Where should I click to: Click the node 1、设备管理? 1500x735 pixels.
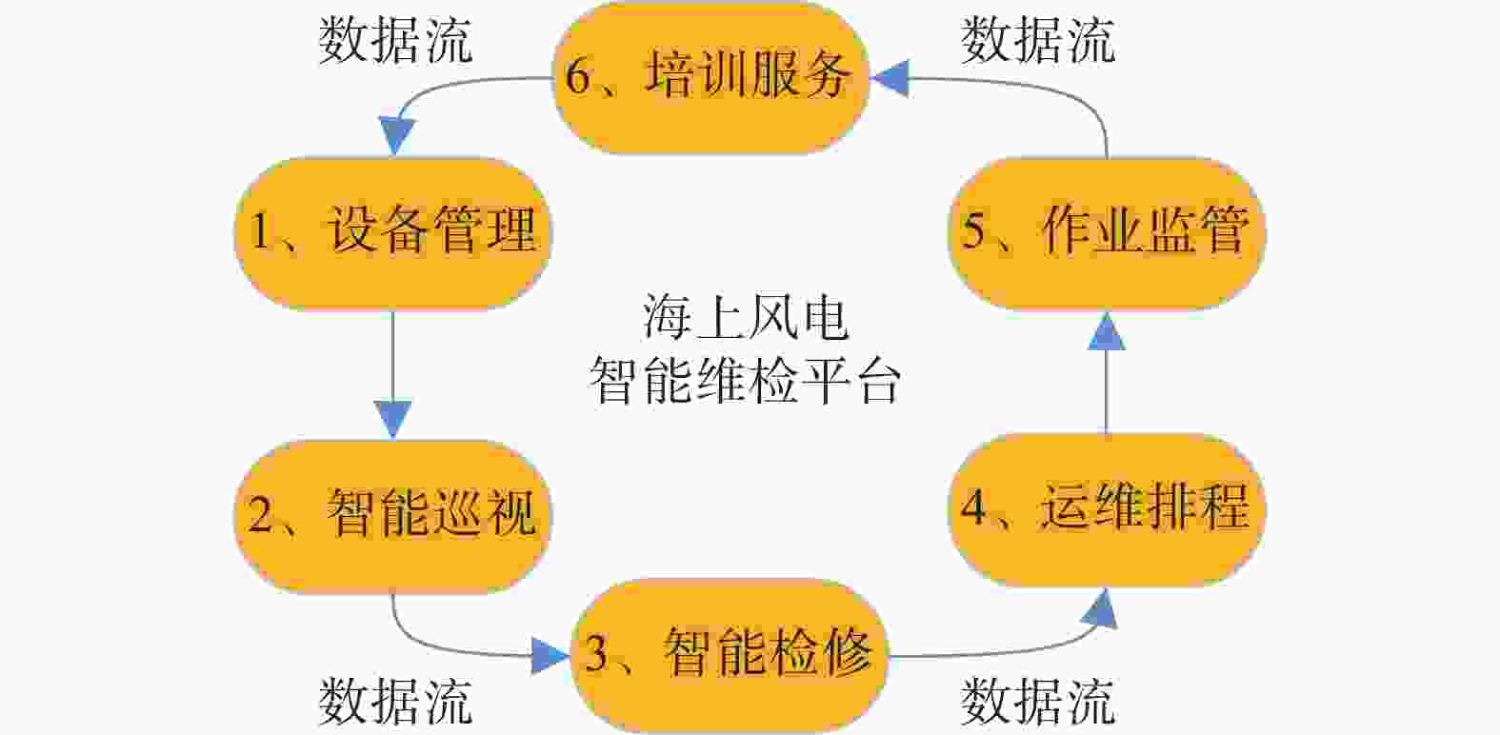(393, 233)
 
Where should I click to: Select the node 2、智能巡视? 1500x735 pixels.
(393, 516)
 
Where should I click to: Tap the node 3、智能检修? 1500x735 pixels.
(730, 655)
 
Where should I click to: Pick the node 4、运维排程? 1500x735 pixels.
(1107, 509)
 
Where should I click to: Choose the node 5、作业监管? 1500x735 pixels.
(1107, 233)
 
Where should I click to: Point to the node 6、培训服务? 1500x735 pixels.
(710, 77)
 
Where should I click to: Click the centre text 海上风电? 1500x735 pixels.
(746, 317)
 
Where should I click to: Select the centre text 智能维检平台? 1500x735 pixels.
(746, 380)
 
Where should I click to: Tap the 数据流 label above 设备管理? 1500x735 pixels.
(395, 40)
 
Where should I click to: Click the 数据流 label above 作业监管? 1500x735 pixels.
(1037, 40)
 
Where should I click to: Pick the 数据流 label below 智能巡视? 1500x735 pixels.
(395, 701)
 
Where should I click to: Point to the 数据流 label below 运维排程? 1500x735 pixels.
(1037, 701)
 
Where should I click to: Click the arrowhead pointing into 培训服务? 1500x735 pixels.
(890, 78)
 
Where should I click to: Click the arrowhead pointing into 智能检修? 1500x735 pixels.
(550, 655)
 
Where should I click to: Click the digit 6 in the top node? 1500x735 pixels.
(577, 75)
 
